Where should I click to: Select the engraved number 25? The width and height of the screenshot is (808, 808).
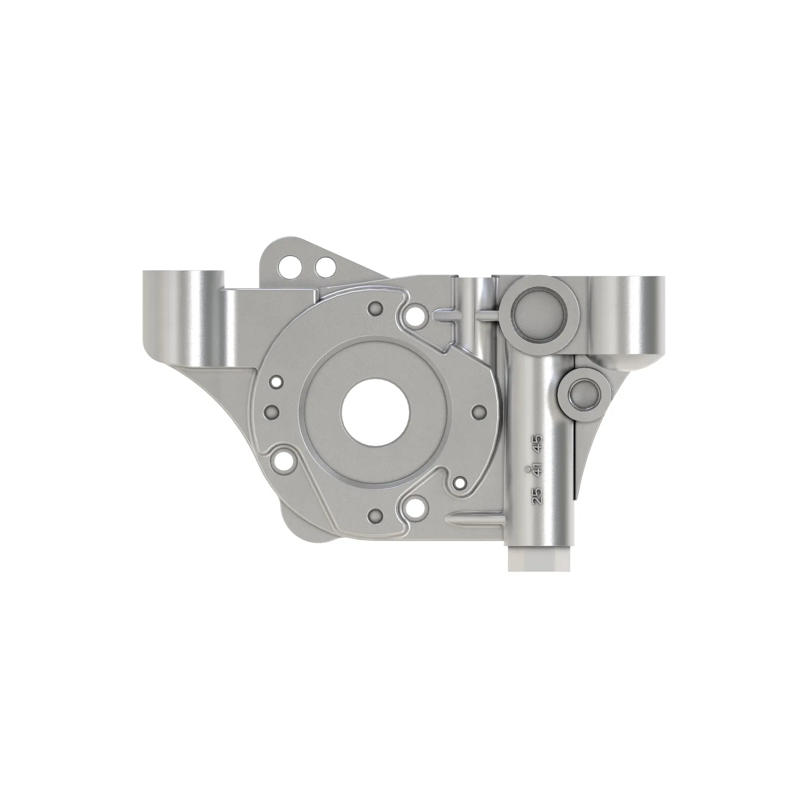click(537, 496)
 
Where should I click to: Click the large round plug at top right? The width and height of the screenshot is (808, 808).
click(539, 314)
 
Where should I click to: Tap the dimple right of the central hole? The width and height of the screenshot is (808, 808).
click(478, 412)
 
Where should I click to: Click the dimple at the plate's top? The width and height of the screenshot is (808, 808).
click(375, 308)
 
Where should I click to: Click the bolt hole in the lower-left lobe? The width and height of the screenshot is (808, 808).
click(286, 460)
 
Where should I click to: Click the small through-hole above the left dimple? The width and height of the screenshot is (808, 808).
click(276, 381)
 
